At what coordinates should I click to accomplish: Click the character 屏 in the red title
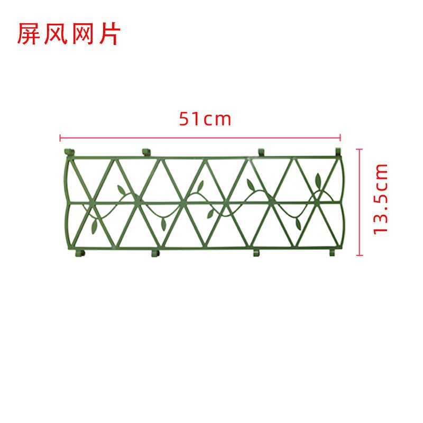[x=29, y=34]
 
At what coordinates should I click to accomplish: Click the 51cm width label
[x=205, y=119]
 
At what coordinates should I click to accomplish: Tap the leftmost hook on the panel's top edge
[x=67, y=153]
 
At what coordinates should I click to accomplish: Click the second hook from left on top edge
[x=146, y=152]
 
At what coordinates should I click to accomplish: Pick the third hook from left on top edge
[x=261, y=152]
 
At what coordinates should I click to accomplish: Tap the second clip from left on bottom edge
[x=154, y=253]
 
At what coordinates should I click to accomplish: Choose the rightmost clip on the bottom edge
[x=332, y=252]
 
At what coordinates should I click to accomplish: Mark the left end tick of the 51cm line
[x=60, y=139]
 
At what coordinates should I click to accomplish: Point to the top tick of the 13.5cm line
[x=361, y=150]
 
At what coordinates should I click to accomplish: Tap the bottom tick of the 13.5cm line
[x=361, y=255]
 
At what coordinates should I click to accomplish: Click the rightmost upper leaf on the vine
[x=318, y=178]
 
